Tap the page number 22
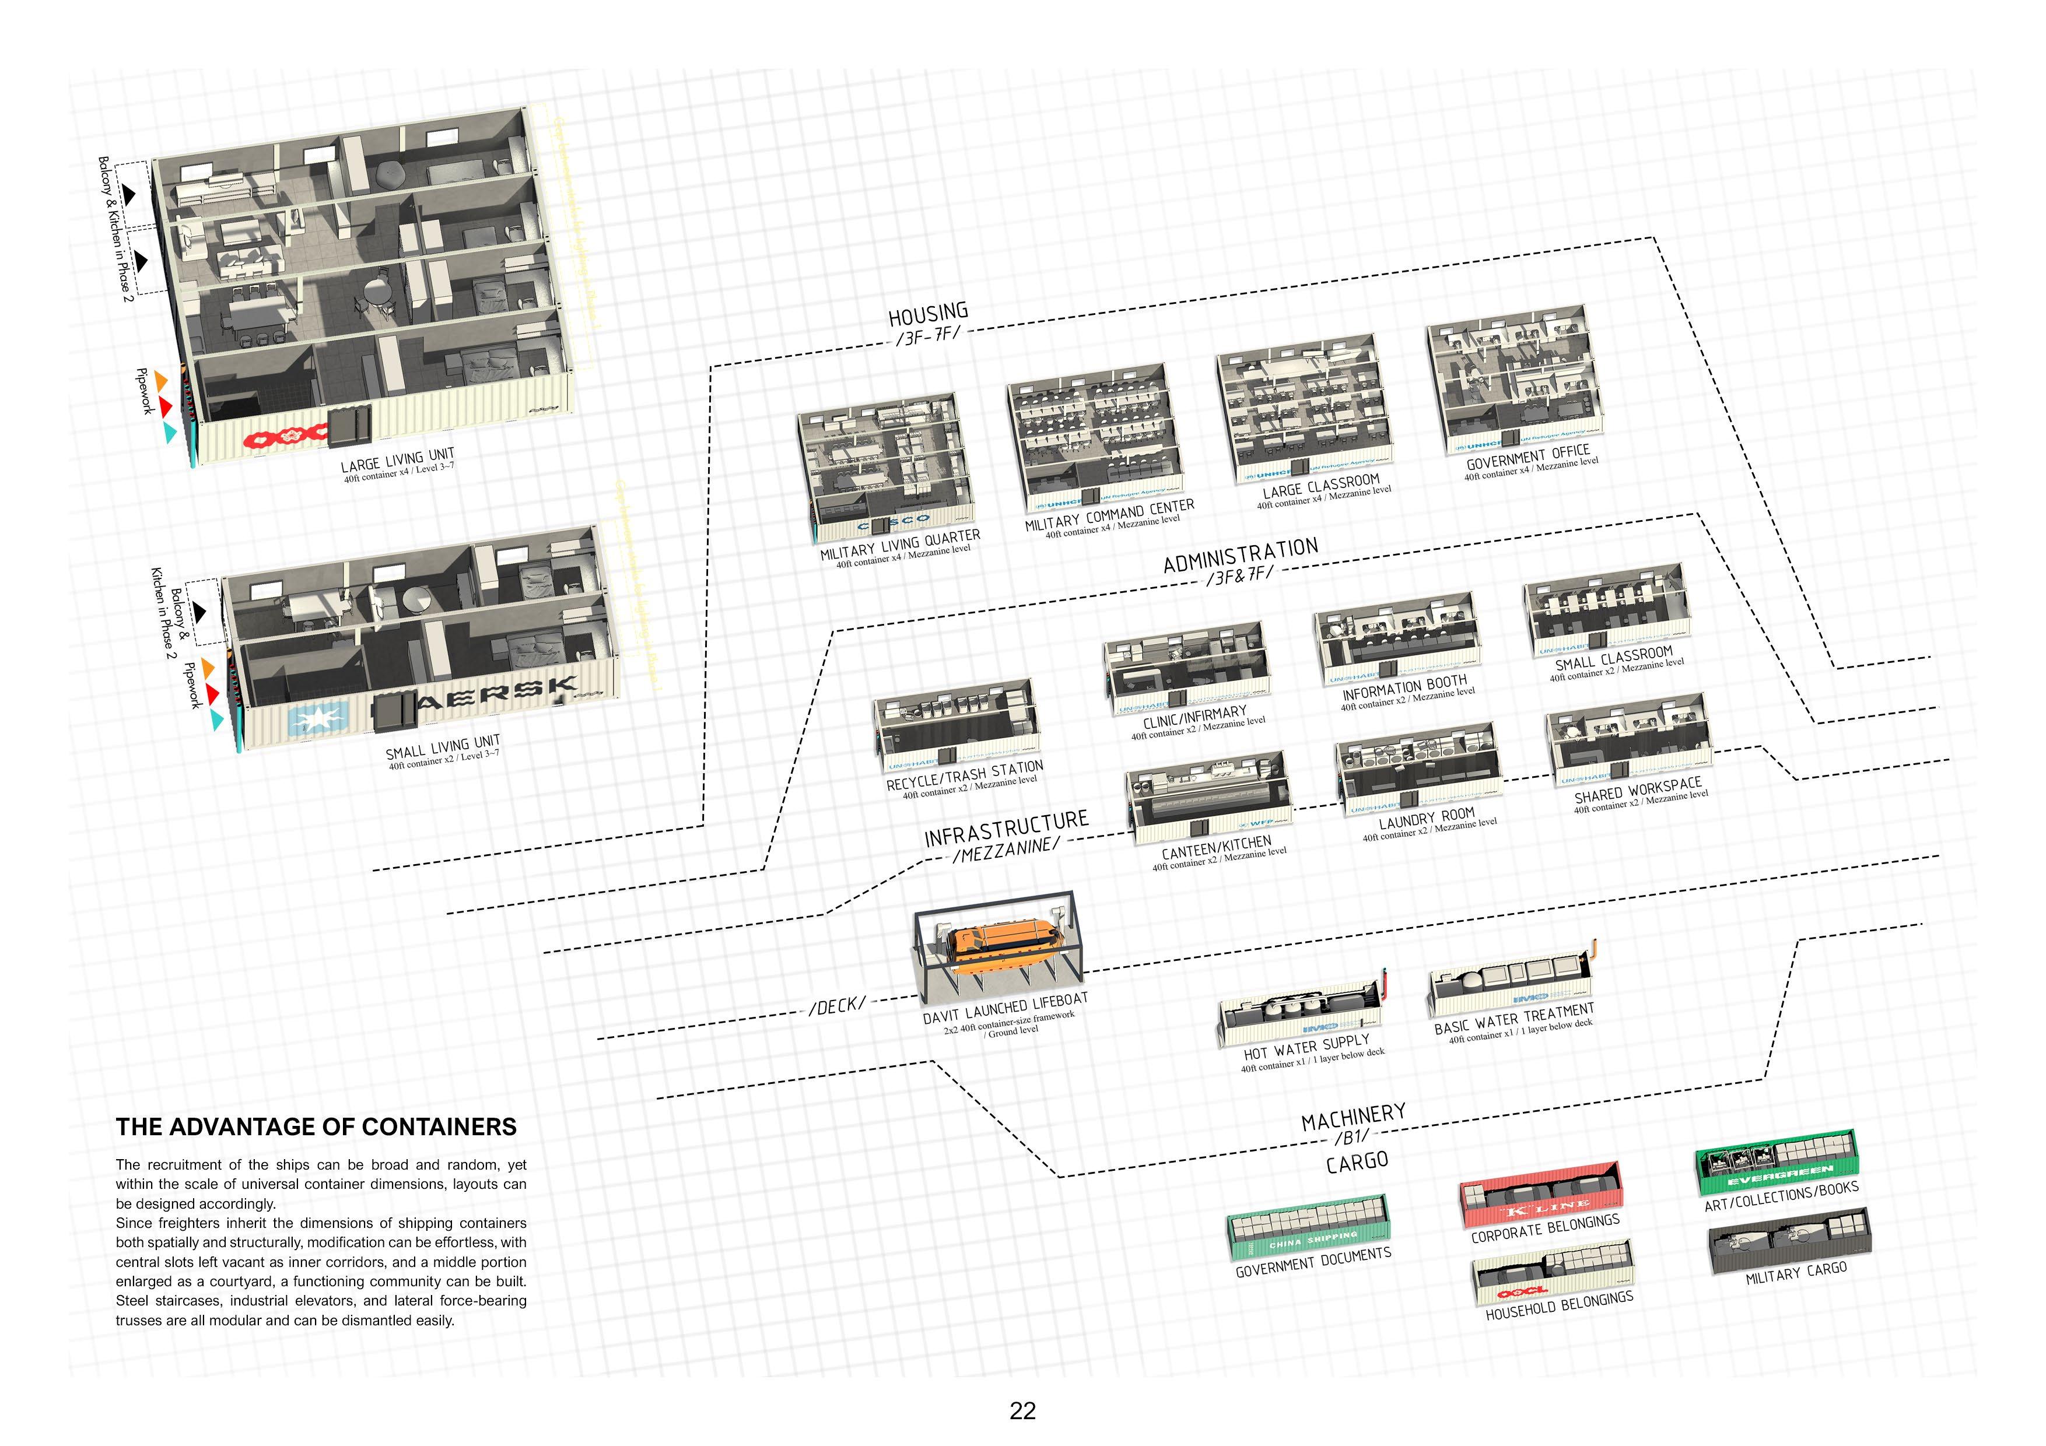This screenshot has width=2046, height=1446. point(1022,1410)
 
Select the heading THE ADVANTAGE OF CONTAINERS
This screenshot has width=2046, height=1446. point(316,1127)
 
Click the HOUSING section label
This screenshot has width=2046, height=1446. point(928,314)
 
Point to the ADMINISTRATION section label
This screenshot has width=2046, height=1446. point(1241,553)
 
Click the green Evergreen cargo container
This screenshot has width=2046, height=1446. point(1778,1164)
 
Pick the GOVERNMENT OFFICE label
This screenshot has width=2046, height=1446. point(1528,457)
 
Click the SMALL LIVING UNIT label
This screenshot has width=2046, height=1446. point(442,746)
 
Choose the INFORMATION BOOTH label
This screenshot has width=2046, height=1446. point(1403,688)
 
